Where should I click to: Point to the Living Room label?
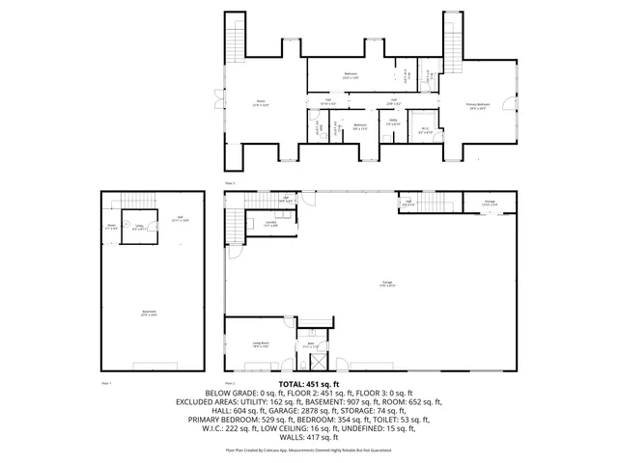click(x=261, y=343)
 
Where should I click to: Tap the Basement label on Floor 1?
click(x=150, y=313)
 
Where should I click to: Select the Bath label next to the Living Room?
click(x=312, y=344)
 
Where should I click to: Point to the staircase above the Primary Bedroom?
click(x=451, y=40)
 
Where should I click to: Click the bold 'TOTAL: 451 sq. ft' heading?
click(x=308, y=384)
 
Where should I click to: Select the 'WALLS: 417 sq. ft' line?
click(x=308, y=436)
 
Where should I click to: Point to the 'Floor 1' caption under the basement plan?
click(x=107, y=382)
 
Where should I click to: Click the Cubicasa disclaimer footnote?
click(x=308, y=449)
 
